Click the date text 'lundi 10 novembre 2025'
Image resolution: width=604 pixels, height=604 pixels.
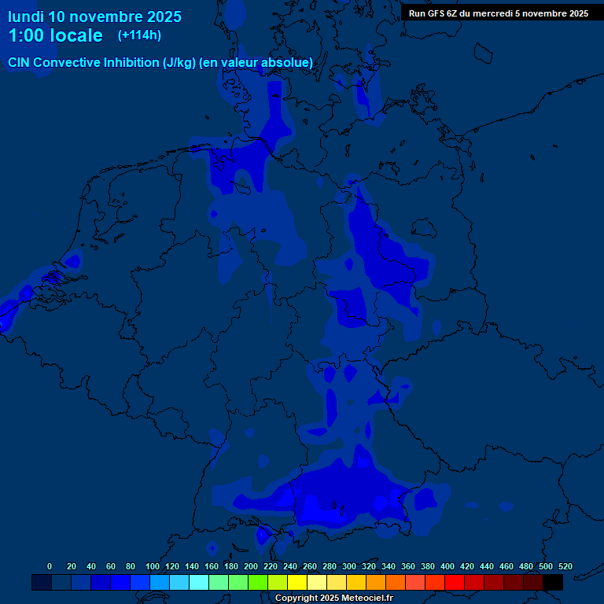(94, 17)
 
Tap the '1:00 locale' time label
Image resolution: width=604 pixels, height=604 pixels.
(55, 35)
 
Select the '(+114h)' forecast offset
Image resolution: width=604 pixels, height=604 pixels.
(139, 35)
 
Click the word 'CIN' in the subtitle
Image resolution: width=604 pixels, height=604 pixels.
(20, 62)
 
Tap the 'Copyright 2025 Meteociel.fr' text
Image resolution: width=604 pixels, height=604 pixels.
(333, 598)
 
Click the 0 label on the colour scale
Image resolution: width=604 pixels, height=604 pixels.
(50, 566)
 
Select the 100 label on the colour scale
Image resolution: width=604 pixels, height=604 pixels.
(153, 566)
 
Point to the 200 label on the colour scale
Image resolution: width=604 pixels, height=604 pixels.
(251, 566)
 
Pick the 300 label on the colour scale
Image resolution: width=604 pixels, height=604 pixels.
(349, 566)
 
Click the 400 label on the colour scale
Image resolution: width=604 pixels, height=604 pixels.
(447, 566)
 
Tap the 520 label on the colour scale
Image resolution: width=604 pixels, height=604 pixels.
(565, 566)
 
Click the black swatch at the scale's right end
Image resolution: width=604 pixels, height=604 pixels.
(553, 582)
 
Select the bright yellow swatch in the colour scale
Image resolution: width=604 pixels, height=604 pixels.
(297, 582)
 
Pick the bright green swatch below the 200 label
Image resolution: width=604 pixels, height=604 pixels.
(258, 582)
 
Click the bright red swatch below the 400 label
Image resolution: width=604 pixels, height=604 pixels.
(455, 582)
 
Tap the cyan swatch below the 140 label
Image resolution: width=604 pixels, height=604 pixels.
(199, 582)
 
